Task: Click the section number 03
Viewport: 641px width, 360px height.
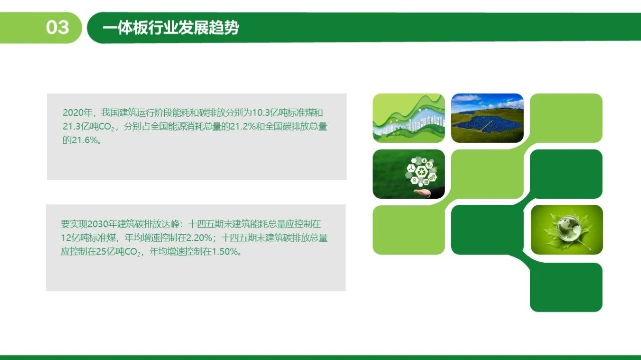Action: click(x=58, y=28)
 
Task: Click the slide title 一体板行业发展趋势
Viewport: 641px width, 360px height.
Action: click(x=171, y=28)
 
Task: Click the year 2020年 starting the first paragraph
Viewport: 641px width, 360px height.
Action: click(x=77, y=113)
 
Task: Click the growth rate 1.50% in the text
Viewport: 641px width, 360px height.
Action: click(x=225, y=251)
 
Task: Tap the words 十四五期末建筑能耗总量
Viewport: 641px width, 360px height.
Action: click(x=237, y=224)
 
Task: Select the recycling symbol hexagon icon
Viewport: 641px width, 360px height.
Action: click(x=422, y=172)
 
